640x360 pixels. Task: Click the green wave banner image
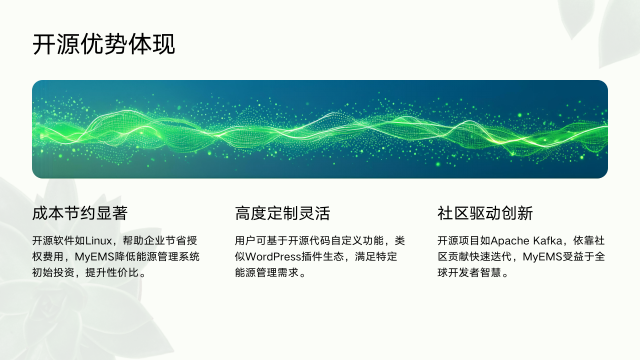[x=320, y=129]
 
